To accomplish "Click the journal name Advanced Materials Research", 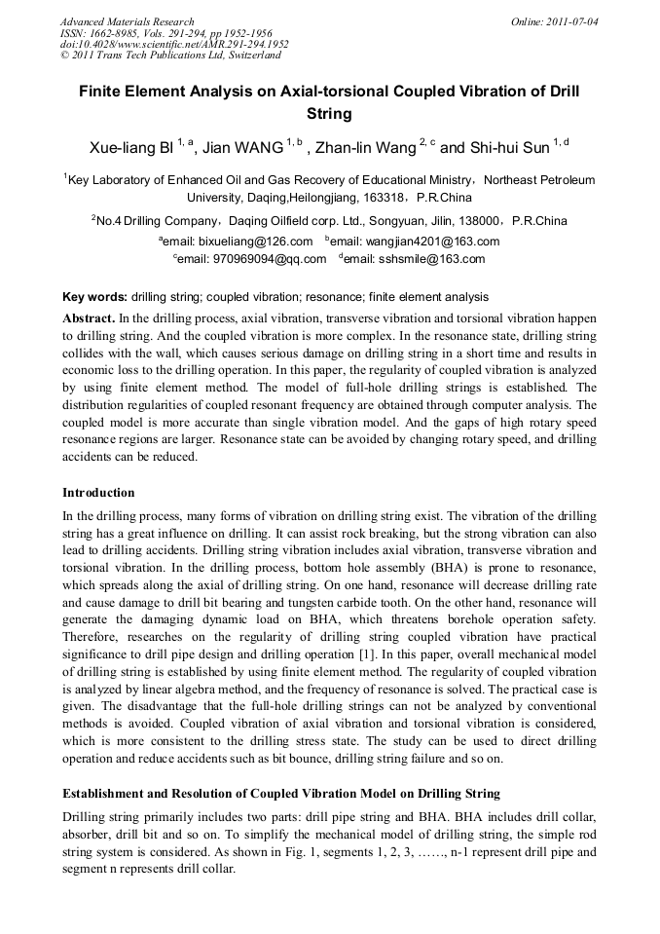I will (128, 21).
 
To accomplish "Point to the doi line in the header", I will (174, 44).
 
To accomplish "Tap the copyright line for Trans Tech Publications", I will (170, 56).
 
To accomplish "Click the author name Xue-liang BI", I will (131, 147).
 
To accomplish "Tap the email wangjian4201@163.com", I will (416, 242).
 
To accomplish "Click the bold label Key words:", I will (94, 296).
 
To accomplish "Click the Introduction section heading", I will (98, 493).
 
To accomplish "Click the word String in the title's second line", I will (329, 113).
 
